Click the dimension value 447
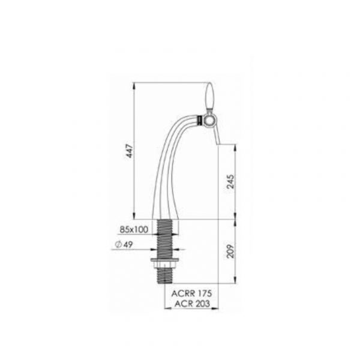click(x=130, y=151)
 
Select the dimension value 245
click(x=231, y=182)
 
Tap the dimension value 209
click(x=231, y=251)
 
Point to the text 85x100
click(x=134, y=229)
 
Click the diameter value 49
click(x=128, y=245)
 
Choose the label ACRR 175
click(x=192, y=293)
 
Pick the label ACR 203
click(x=192, y=304)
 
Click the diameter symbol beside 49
click(x=119, y=245)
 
